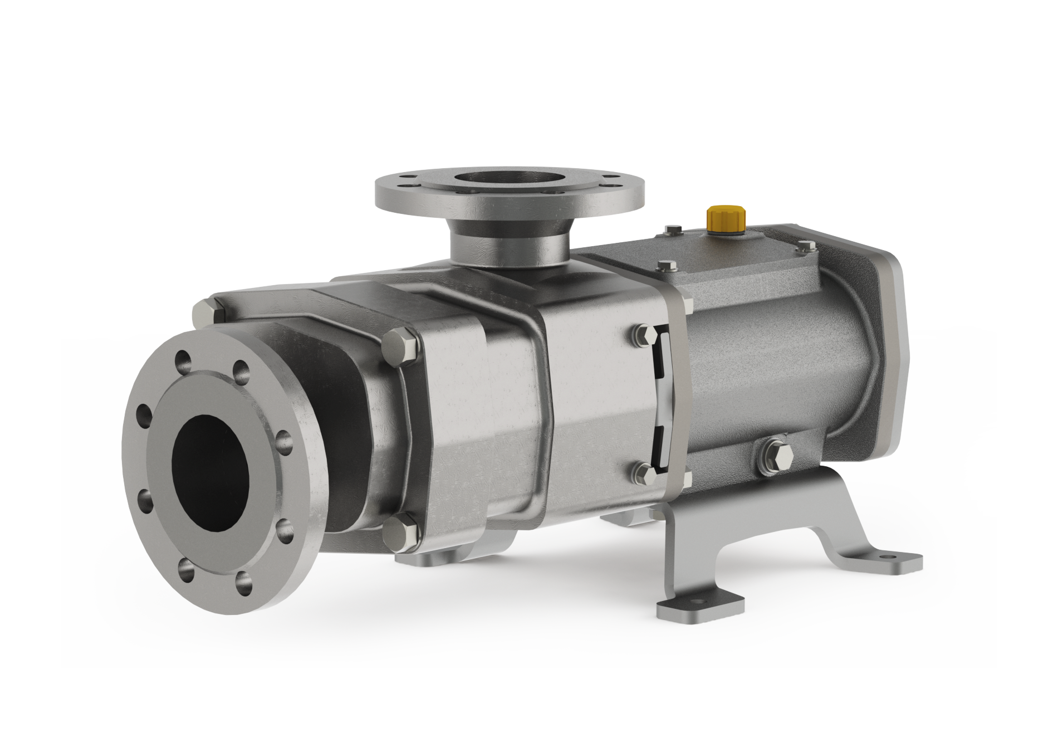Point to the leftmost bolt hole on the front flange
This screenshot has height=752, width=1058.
143,415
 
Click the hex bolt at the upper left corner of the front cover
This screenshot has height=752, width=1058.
205,312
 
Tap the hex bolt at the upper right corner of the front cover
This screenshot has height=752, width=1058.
400,344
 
